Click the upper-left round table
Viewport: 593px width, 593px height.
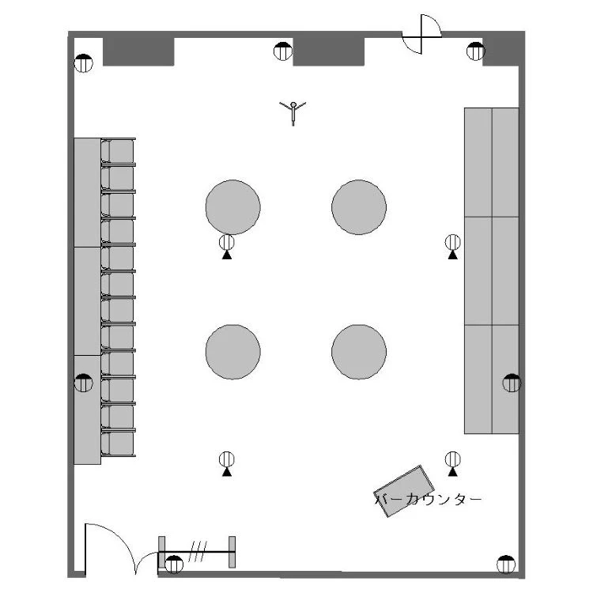coord(232,207)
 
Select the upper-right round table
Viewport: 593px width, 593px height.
coord(359,207)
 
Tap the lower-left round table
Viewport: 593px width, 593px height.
coord(232,351)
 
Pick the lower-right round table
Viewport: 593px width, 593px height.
coord(359,351)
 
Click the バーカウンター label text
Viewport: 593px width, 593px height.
coord(428,500)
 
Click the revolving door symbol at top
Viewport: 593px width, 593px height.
coord(422,34)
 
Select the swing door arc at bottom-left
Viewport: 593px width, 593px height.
coord(119,546)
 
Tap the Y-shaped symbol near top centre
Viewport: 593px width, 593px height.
coord(293,111)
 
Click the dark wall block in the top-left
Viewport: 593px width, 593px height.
coord(138,51)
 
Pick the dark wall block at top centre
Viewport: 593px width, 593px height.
coord(328,51)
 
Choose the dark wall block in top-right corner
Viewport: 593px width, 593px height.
coord(501,51)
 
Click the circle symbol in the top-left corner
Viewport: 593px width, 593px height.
coord(84,64)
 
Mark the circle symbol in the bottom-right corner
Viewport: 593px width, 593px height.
coord(505,565)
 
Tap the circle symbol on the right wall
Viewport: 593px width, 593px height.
coord(512,383)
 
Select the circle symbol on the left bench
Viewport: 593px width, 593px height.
coord(84,383)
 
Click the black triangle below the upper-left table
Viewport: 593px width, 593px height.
coord(227,255)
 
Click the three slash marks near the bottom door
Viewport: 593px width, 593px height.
coord(197,551)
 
